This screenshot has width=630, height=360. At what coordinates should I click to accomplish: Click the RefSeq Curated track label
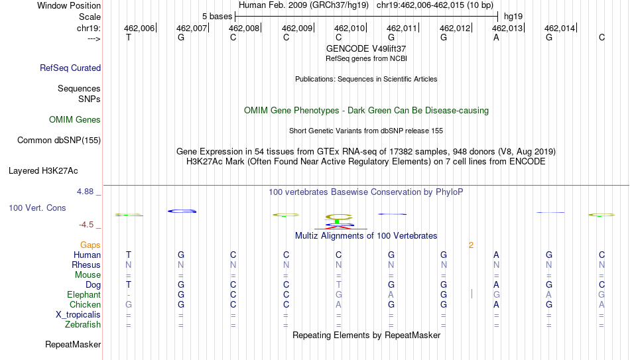pos(70,68)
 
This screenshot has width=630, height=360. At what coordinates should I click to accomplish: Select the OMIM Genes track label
pos(74,120)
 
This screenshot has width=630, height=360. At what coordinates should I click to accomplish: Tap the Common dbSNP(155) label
pos(58,141)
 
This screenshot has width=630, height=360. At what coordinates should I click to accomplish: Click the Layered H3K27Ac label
pos(43,171)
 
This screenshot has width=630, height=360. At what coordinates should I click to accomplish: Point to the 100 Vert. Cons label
pos(37,208)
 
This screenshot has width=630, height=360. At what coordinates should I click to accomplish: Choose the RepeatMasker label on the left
pos(73,344)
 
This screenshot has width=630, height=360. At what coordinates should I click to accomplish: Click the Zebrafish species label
pos(83,324)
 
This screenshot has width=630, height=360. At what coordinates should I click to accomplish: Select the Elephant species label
pos(84,294)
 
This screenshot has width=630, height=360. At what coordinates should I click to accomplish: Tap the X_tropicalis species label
pos(78,315)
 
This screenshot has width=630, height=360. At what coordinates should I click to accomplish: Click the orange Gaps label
pos(90,245)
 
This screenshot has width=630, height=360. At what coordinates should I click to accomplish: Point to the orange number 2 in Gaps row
pos(471,245)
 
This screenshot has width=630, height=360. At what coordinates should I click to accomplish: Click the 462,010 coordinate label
pos(349,28)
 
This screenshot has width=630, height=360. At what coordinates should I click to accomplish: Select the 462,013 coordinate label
pos(507,28)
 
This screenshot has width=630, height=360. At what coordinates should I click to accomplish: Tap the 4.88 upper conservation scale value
pos(85,192)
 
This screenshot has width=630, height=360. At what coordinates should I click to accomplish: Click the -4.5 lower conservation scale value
pos(86,225)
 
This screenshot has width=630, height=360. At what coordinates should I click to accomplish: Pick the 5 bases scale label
pos(217,17)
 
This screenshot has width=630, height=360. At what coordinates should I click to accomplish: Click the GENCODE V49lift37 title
pos(366,48)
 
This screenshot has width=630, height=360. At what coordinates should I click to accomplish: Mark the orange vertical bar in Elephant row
pos(472,294)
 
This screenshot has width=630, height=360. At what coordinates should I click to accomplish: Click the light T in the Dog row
pos(339,284)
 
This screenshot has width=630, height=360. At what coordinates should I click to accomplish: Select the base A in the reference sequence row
pos(496,37)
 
